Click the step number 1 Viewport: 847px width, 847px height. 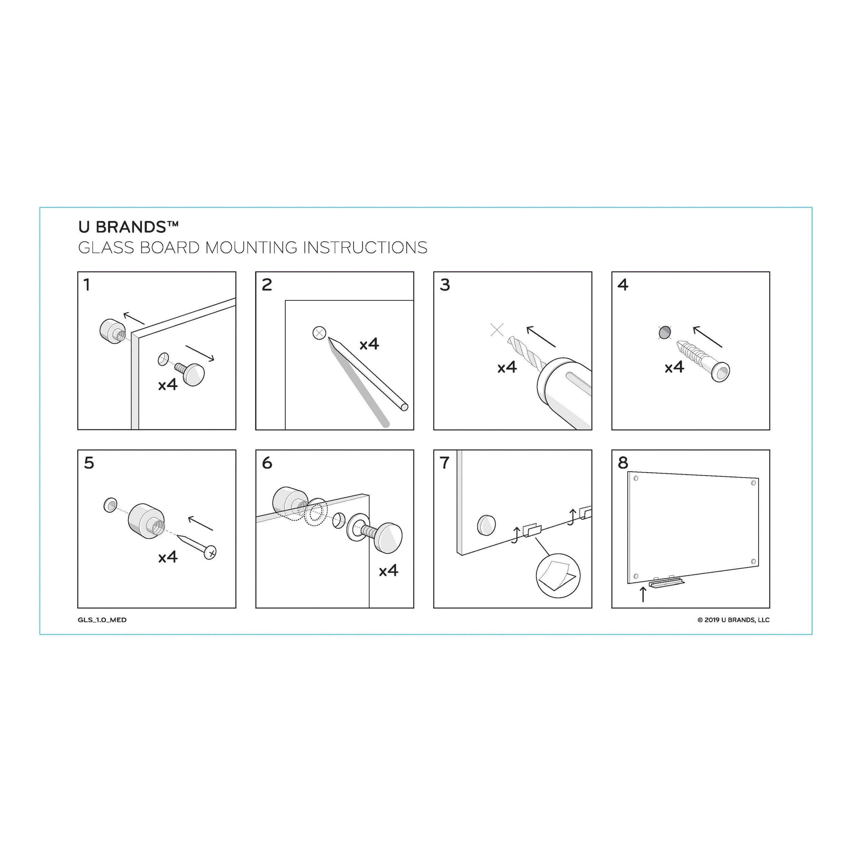pyautogui.click(x=87, y=285)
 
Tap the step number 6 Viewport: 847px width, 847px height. pyautogui.click(x=267, y=463)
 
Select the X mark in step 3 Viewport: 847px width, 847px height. pyautogui.click(x=497, y=330)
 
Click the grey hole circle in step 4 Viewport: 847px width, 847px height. pyautogui.click(x=665, y=333)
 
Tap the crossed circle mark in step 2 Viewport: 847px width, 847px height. pyautogui.click(x=319, y=333)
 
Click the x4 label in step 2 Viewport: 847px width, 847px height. pyautogui.click(x=369, y=344)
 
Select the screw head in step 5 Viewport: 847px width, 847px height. pyautogui.click(x=210, y=552)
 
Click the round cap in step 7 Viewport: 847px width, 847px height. pyautogui.click(x=486, y=525)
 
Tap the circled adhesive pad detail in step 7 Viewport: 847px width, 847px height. pyautogui.click(x=558, y=576)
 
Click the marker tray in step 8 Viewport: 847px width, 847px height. pyautogui.click(x=666, y=583)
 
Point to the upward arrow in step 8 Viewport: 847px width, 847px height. pyautogui.click(x=643, y=595)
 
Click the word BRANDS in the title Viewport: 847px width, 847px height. pyautogui.click(x=131, y=227)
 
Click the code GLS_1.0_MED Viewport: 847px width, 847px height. pyautogui.click(x=102, y=620)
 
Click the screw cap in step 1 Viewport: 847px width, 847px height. pyautogui.click(x=193, y=374)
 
